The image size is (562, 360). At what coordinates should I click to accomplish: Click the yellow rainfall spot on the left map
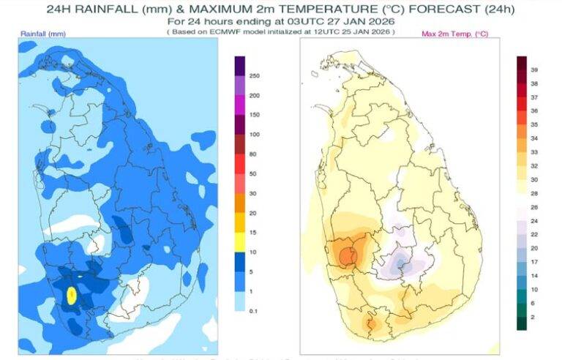72,295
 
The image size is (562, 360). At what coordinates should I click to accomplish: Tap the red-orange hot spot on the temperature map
348,255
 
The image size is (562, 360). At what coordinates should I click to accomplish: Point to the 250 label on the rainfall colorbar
255,76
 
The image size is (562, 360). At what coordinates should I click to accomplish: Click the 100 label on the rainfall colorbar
255,135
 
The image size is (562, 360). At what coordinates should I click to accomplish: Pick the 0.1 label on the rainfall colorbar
253,310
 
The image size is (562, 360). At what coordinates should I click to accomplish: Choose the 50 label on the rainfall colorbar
253,173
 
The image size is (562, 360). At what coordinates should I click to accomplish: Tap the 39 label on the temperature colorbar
535,69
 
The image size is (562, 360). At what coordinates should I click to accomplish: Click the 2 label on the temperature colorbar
533,317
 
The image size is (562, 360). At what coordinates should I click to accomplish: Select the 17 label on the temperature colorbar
535,261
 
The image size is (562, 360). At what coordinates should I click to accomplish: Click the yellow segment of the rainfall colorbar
239,232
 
